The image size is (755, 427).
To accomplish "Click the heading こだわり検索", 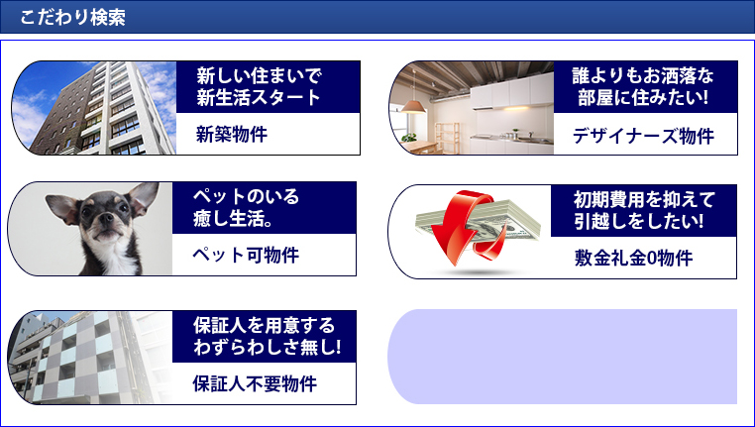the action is click(72, 17).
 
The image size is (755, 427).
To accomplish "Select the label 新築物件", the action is click(232, 135).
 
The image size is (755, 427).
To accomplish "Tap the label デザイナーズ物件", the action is click(643, 137).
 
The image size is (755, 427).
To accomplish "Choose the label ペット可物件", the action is click(246, 256).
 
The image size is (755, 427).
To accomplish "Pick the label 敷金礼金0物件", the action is click(634, 258).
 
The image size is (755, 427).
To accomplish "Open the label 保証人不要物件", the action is click(255, 384).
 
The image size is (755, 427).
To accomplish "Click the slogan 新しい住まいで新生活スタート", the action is click(259, 86).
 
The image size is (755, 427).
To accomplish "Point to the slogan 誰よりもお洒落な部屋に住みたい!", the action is click(643, 86).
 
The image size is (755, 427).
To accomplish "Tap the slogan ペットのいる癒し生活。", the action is click(246, 207).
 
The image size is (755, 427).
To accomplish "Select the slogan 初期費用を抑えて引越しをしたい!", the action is click(644, 210).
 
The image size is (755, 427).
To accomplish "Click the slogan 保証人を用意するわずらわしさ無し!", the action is click(268, 336).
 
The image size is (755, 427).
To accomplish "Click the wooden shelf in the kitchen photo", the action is click(447, 137).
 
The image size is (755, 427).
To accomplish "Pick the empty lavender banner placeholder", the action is click(563, 357).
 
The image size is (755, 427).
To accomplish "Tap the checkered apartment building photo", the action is click(90, 358).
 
